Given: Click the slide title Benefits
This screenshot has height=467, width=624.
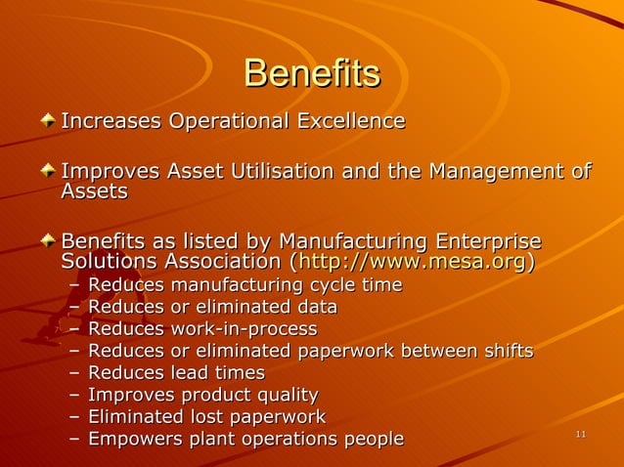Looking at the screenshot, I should tap(311, 73).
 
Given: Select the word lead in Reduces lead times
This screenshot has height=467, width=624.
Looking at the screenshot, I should tap(190, 373).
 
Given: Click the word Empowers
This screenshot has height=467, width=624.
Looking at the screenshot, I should tap(127, 439).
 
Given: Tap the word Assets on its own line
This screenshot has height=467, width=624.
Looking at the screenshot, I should tap(94, 192).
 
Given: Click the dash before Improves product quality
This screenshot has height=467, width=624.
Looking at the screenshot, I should tap(75, 396).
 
